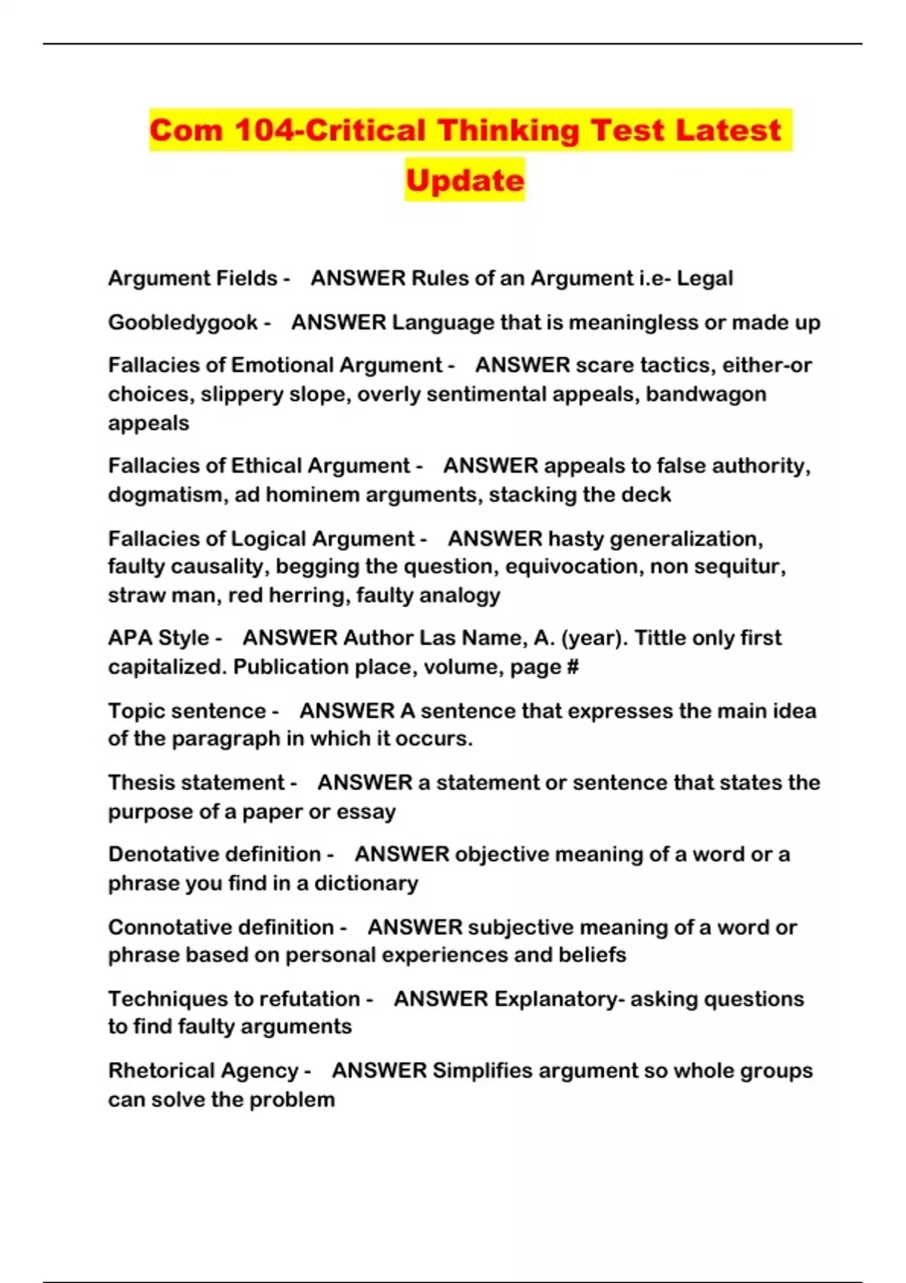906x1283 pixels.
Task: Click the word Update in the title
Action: (x=464, y=180)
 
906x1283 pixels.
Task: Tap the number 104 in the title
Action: (x=264, y=131)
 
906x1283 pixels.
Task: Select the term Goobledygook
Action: (x=183, y=322)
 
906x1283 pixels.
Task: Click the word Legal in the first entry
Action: (x=704, y=278)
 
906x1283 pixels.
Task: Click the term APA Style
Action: (x=159, y=638)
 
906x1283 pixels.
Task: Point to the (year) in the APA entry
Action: (x=594, y=638)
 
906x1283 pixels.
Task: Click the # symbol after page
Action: (x=573, y=667)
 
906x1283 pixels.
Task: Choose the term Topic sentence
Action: (x=186, y=711)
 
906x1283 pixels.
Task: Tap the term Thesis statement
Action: (x=196, y=783)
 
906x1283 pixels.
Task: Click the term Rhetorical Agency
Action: (x=203, y=1070)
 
